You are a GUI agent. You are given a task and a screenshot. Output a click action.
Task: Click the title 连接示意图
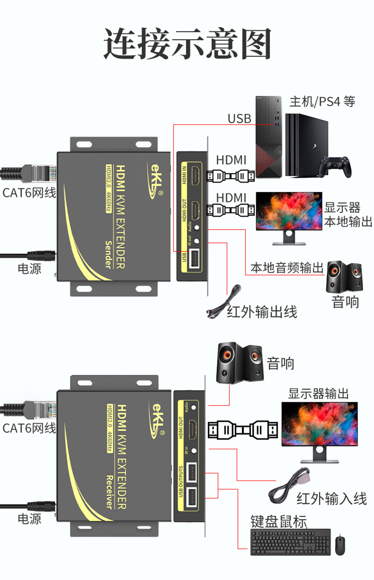click(187, 44)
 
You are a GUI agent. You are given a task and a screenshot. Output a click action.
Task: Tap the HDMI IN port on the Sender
click(196, 175)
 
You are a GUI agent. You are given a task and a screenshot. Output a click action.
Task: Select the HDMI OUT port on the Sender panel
click(196, 210)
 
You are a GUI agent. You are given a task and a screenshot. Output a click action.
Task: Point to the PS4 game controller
click(335, 166)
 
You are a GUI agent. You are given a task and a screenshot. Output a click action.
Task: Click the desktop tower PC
click(269, 137)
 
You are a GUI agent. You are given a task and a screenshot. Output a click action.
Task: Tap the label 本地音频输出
click(286, 268)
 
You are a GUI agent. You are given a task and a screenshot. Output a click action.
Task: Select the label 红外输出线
click(262, 312)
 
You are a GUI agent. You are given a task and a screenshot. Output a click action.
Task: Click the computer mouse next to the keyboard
click(340, 544)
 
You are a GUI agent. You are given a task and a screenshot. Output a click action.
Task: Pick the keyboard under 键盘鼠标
click(290, 542)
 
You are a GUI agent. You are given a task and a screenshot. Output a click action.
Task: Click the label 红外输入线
click(331, 499)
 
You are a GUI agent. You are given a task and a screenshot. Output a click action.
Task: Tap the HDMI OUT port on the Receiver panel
click(193, 429)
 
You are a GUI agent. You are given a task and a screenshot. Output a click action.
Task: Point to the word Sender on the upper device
click(108, 254)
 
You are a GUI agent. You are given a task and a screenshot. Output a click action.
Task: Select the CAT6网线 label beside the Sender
click(29, 193)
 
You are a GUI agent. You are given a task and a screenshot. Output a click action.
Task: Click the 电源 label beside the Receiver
click(29, 519)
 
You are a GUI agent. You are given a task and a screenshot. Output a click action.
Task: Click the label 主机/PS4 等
click(322, 102)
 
